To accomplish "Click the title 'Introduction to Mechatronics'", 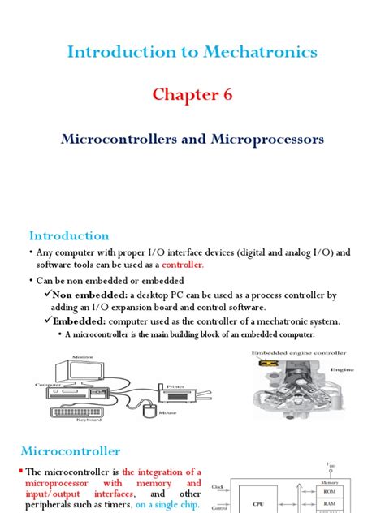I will tap(192, 53).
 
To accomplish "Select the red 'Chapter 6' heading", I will tap(192, 95).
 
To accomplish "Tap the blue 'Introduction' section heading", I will tap(69, 236).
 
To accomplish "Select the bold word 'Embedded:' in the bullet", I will tap(76, 321).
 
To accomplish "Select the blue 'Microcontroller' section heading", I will tap(75, 450).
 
